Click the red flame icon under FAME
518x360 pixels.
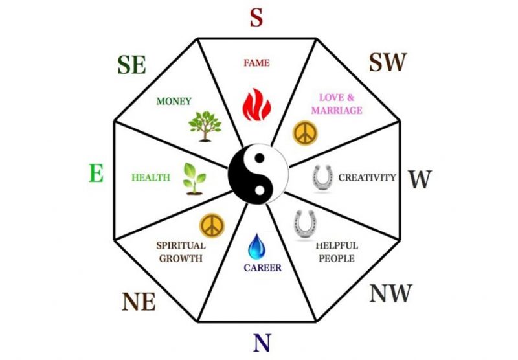pos(256,105)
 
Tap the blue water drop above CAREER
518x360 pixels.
pos(256,247)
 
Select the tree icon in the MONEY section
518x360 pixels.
pos(205,126)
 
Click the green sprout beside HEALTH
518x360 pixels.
pos(194,178)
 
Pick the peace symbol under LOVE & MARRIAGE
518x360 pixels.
pos(305,133)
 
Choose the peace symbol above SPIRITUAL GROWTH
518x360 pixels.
pos(212,225)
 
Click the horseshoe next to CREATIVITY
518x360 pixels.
pos(322,177)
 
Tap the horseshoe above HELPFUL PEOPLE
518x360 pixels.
pos(304,225)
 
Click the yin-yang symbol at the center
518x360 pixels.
pos(258,174)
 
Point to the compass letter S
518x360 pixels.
pos(256,17)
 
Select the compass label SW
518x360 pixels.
pos(387,62)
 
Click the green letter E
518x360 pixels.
pos(96,173)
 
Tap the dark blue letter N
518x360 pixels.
pos(262,343)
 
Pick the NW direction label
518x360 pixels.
pos(390,293)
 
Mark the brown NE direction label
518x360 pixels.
pos(139,302)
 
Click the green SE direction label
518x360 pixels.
pos(131,65)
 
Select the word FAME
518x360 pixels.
pos(256,63)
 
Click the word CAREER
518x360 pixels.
pos(263,267)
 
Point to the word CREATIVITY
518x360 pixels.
pos(367,177)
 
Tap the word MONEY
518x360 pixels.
pos(174,101)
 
